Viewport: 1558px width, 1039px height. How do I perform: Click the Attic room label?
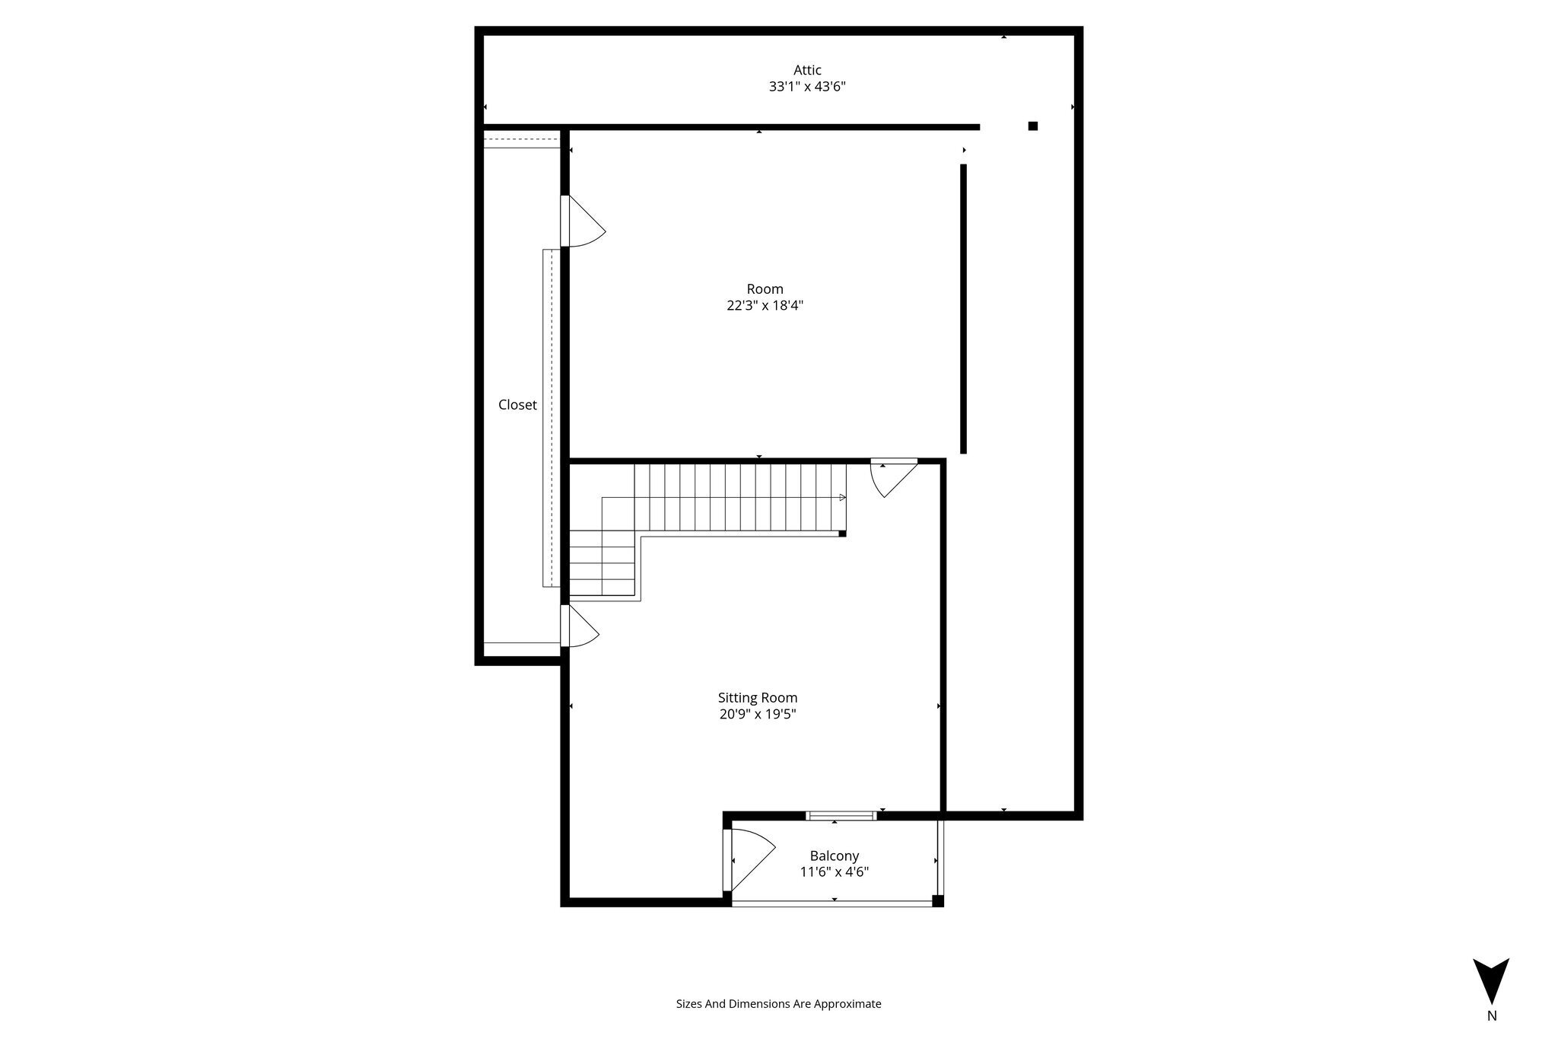click(807, 70)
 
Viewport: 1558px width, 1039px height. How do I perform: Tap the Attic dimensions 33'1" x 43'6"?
click(807, 87)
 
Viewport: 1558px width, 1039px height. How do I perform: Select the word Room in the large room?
click(765, 289)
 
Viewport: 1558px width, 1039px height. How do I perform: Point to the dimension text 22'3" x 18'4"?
click(765, 306)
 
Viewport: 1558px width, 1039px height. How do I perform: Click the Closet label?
click(517, 405)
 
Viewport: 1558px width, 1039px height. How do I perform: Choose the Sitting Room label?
click(758, 698)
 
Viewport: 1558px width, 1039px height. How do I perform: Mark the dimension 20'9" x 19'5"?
click(758, 715)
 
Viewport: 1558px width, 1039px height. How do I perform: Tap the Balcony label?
click(835, 856)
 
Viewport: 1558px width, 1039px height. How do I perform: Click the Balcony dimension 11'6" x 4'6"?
click(835, 872)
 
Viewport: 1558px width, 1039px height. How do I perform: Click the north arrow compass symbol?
click(1491, 981)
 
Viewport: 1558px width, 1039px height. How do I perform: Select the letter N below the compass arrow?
click(1492, 1015)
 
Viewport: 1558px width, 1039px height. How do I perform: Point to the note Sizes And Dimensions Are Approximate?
click(778, 1004)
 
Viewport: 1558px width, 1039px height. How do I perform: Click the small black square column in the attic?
click(1033, 126)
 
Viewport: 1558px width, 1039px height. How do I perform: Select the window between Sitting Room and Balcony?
click(841, 816)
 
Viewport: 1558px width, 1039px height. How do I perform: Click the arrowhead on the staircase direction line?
click(843, 498)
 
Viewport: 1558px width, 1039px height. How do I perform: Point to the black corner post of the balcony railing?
click(938, 901)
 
